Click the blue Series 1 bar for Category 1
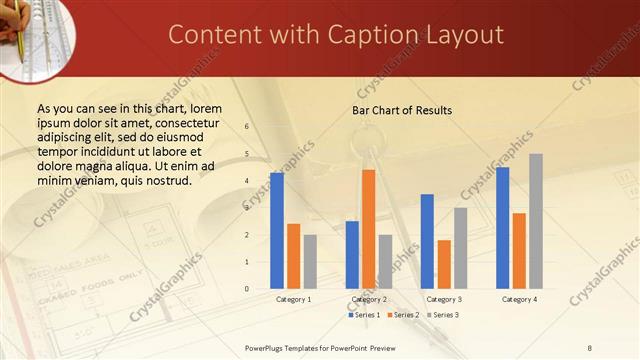(x=277, y=231)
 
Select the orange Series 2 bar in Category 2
(x=369, y=229)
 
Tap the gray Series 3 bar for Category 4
(x=536, y=221)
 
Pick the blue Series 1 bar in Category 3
(x=427, y=241)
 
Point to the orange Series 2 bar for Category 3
(x=444, y=264)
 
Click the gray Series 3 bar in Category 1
(x=310, y=262)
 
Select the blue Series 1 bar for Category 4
(x=502, y=228)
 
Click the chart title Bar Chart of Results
(x=402, y=109)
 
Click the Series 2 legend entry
(x=404, y=315)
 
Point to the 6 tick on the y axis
(x=247, y=127)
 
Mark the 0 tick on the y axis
(x=247, y=289)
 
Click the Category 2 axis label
(x=369, y=299)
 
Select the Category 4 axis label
(x=519, y=299)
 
